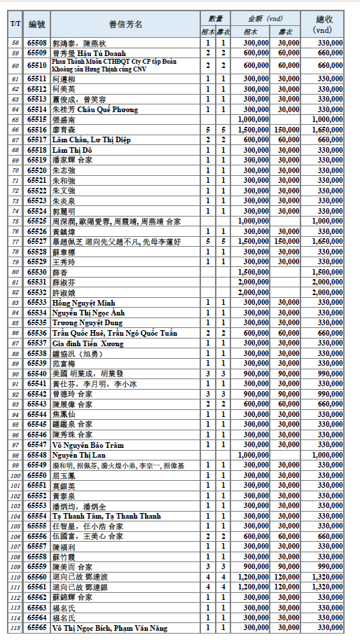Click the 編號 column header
37,24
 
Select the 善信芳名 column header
125,24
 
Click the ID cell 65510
37,66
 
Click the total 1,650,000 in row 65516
328,130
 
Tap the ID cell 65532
37,292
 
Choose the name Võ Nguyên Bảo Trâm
88,444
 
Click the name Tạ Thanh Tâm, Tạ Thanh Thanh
106,516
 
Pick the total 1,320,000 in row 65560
328,577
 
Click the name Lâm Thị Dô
72,150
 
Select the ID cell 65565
37,628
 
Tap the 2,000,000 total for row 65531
328,282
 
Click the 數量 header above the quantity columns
215,18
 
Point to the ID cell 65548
37,455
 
